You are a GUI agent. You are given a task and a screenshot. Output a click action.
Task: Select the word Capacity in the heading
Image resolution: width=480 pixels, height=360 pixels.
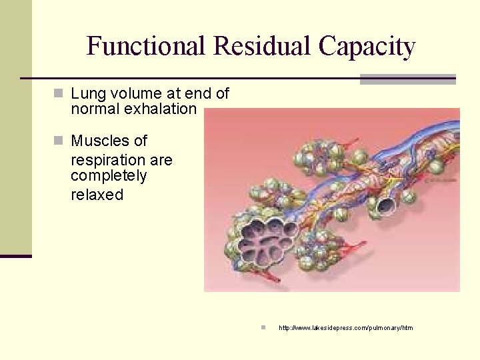(x=367, y=47)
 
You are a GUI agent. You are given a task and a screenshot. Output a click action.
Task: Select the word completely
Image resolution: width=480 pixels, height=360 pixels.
(x=109, y=176)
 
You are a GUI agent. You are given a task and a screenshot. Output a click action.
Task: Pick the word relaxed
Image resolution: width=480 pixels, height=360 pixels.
(x=97, y=195)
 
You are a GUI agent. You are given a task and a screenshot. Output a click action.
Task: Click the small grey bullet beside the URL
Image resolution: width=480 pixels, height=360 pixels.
(x=263, y=327)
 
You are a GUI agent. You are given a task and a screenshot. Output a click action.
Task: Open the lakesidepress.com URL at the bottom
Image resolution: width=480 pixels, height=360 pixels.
(x=345, y=328)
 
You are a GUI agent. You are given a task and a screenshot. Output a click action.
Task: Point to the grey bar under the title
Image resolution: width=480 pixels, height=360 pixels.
(x=407, y=79)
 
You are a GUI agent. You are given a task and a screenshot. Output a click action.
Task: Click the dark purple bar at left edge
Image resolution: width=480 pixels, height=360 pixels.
(x=15, y=256)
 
